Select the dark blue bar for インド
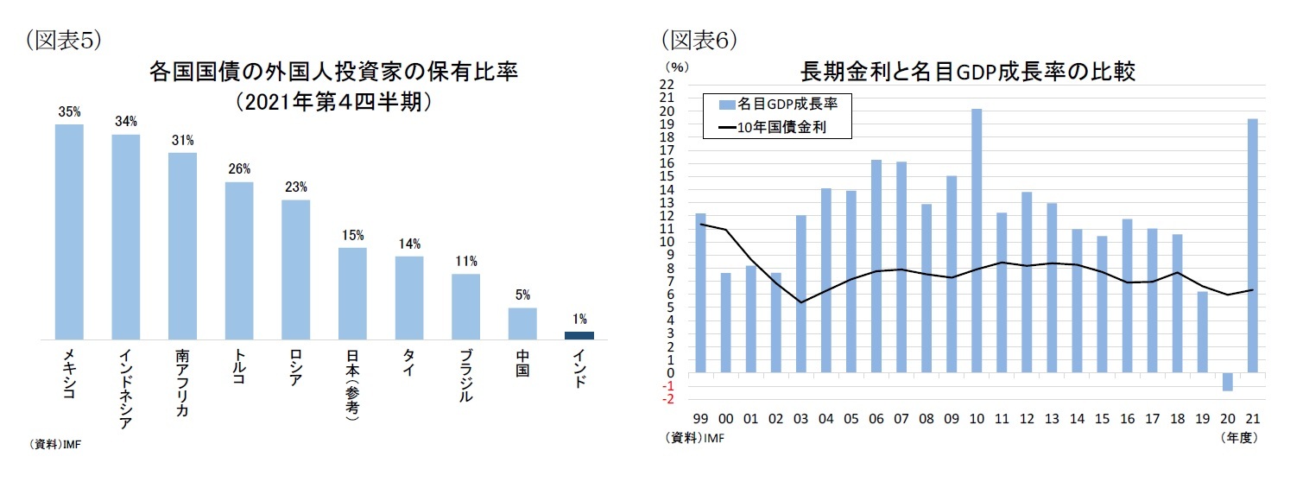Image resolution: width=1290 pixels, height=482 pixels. pyautogui.click(x=579, y=335)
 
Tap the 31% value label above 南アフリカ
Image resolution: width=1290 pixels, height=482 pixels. pyautogui.click(x=182, y=141)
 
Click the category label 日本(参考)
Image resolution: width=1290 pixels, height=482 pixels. pyautogui.click(x=352, y=391)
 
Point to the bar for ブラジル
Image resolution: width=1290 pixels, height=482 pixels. pyautogui.click(x=465, y=307)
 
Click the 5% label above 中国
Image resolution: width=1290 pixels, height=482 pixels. pyautogui.click(x=522, y=295)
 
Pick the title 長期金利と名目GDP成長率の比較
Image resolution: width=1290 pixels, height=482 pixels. pyautogui.click(x=968, y=72)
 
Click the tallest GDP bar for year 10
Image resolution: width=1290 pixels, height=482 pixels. pyautogui.click(x=976, y=241)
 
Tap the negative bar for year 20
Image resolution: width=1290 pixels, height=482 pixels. pyautogui.click(x=1226, y=382)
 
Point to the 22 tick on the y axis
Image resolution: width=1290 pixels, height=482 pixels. pyautogui.click(x=666, y=85)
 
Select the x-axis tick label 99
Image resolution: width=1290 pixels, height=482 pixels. pyautogui.click(x=700, y=418)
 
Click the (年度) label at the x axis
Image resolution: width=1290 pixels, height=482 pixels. pyautogui.click(x=1239, y=438)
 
